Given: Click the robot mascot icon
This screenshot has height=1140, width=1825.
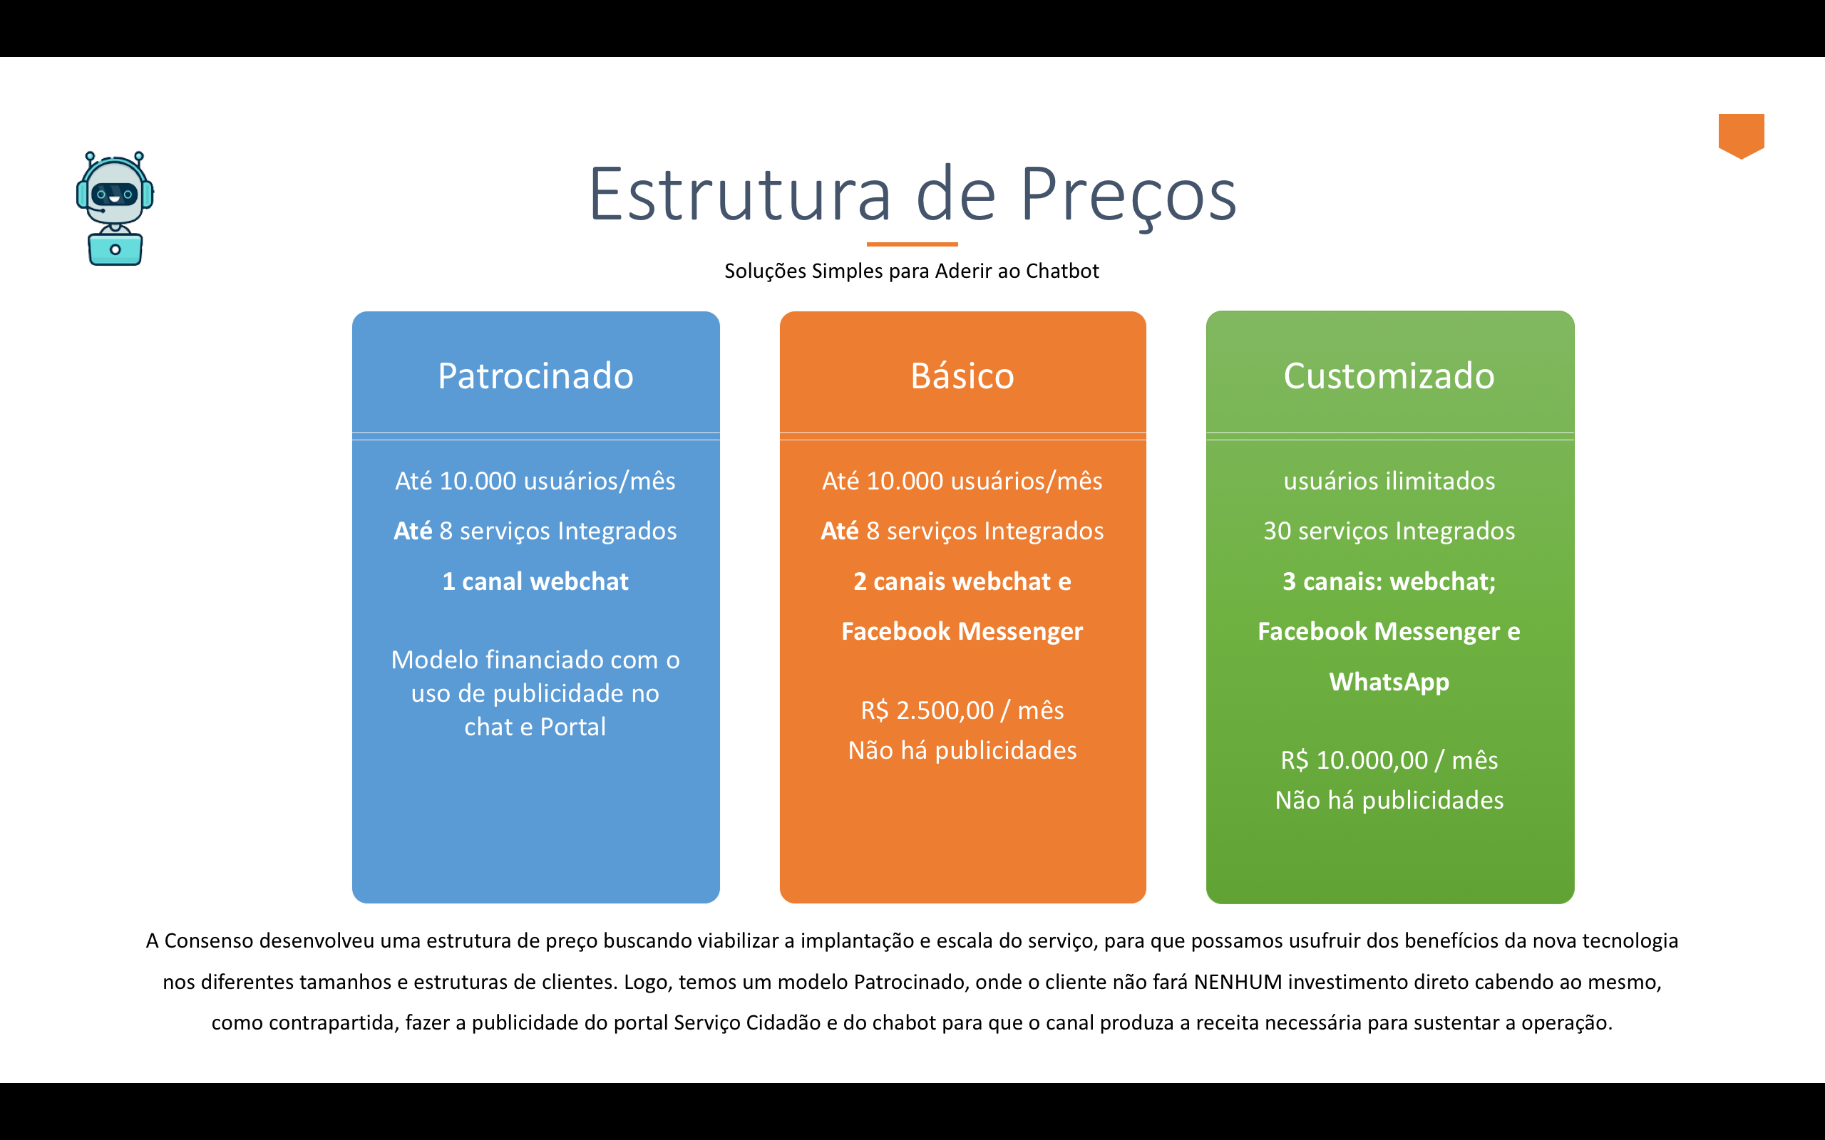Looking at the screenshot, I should click(115, 208).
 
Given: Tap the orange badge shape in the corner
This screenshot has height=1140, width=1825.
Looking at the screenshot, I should click(1741, 134).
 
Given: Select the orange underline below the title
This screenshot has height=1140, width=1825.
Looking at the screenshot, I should click(912, 244).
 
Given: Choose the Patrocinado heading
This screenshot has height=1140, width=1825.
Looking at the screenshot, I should click(535, 375).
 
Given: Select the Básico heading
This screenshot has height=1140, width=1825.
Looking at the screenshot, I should click(962, 375).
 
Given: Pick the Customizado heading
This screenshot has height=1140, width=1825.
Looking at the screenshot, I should click(1389, 375).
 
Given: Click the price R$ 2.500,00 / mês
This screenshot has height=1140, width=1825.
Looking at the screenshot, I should click(962, 710).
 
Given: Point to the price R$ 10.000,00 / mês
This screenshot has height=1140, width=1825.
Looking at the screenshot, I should click(1389, 760).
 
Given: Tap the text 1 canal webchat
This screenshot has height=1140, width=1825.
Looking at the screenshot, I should click(535, 581).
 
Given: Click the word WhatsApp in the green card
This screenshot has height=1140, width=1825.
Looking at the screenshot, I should click(1389, 682).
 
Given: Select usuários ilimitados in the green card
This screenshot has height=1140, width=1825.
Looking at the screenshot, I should click(1389, 481).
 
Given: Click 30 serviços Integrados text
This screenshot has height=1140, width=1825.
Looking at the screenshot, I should click(1389, 531).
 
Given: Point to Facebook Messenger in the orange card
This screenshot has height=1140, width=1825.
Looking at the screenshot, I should click(962, 631).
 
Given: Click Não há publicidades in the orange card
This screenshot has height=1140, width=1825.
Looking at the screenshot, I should click(962, 750).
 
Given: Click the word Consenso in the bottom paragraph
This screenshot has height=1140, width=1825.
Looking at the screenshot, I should click(209, 941).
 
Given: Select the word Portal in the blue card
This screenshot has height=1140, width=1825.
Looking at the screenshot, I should click(572, 727).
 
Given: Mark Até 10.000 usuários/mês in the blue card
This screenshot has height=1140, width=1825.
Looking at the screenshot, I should click(535, 481).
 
